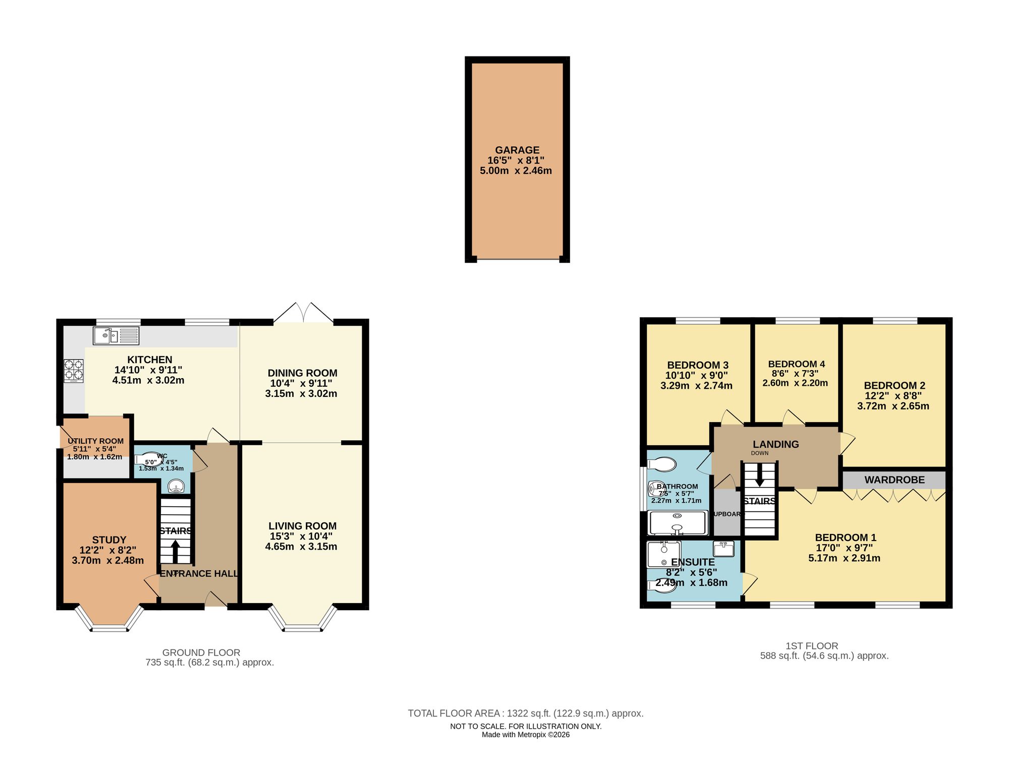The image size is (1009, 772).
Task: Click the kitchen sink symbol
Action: [116, 336]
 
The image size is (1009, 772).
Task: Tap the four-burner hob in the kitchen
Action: [74, 370]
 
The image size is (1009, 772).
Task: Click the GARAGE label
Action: [517, 150]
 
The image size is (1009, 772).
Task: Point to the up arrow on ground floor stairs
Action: [175, 551]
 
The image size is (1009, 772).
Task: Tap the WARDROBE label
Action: [894, 480]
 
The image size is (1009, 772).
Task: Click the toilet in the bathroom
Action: [662, 464]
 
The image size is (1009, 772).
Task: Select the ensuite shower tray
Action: [663, 554]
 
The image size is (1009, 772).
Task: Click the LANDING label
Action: [775, 444]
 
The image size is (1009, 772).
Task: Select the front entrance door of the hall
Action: [216, 600]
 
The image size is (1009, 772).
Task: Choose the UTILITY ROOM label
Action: [95, 441]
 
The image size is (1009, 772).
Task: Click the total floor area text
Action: [525, 713]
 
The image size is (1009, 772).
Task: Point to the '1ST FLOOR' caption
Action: [811, 646]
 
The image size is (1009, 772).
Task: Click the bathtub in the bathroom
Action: [678, 523]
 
